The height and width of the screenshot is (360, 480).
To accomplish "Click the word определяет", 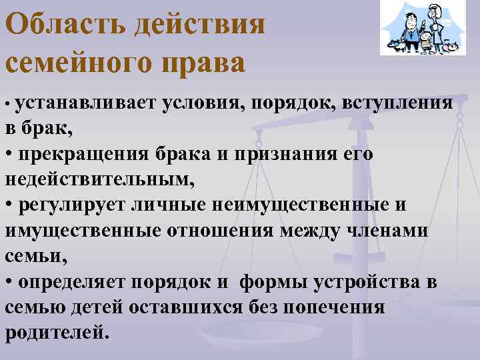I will [74, 283].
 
